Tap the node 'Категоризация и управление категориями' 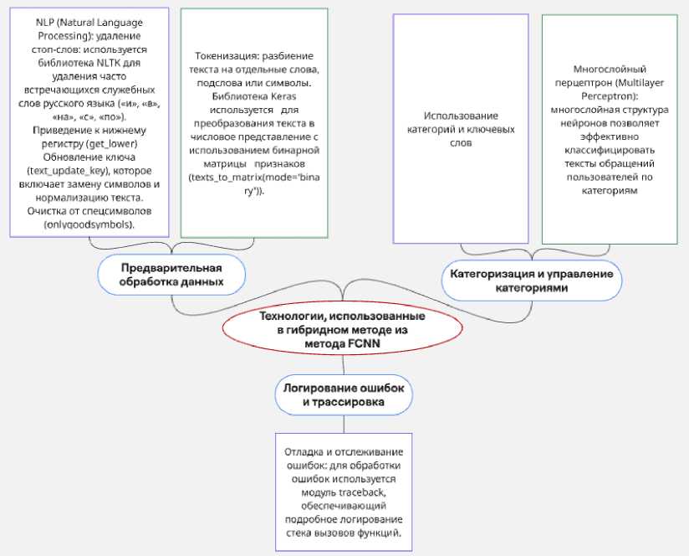(532, 281)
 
